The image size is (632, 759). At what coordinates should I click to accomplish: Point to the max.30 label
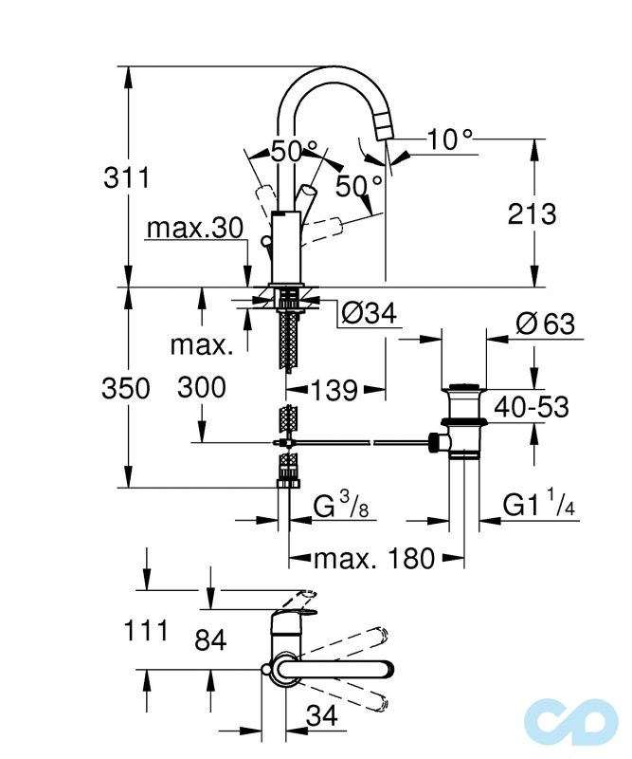pos(194,229)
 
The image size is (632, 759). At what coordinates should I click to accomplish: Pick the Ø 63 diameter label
pos(545,324)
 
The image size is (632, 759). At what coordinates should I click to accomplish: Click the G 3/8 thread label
pos(340,507)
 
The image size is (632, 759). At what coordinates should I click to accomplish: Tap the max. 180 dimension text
pos(374,558)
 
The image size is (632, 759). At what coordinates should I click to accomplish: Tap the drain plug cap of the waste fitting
pos(464,388)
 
